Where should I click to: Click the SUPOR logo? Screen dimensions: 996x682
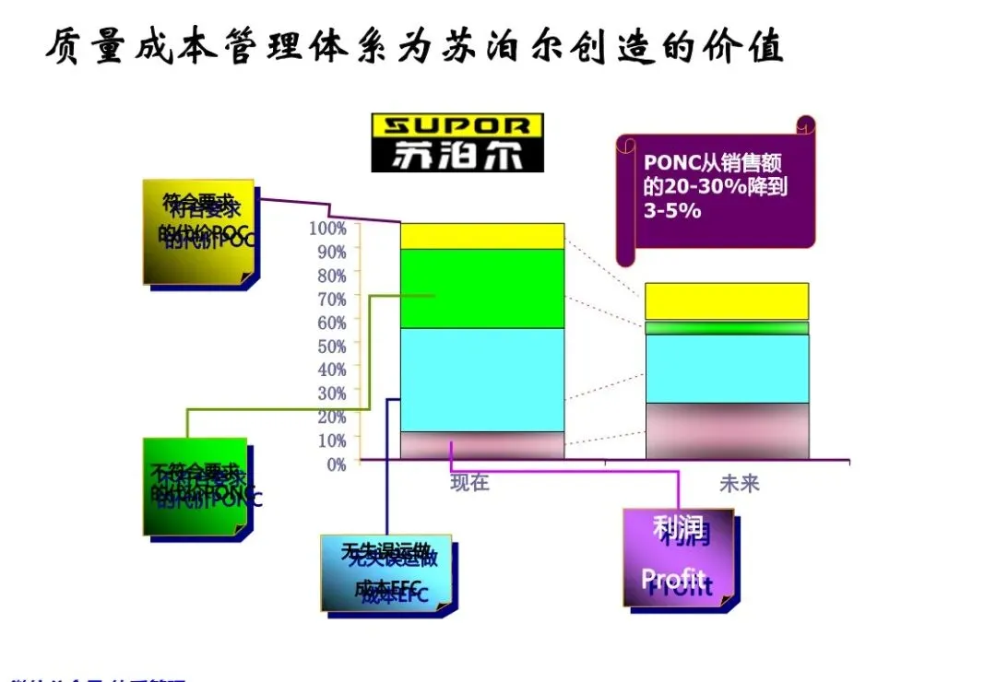tap(457, 142)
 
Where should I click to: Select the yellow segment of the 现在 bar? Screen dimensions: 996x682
tap(481, 236)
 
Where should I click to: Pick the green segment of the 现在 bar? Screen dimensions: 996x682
tap(481, 288)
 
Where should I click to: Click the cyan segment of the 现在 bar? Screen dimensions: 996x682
tap(481, 379)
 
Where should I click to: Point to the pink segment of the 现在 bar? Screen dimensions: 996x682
tap(481, 444)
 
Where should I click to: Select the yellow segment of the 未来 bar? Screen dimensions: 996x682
tap(727, 301)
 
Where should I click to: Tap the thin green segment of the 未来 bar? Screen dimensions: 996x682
tap(727, 327)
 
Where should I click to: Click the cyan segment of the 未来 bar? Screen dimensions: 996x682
tap(727, 368)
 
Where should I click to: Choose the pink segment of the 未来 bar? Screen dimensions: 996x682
tap(727, 430)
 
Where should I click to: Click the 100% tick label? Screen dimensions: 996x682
tap(327, 228)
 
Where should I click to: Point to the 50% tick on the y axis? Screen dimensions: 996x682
tap(329, 346)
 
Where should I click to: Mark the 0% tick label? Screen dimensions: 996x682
tap(335, 464)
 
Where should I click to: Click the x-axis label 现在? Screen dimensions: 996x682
tap(469, 482)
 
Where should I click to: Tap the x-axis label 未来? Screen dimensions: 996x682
tap(740, 482)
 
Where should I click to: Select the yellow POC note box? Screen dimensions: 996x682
tap(198, 231)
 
